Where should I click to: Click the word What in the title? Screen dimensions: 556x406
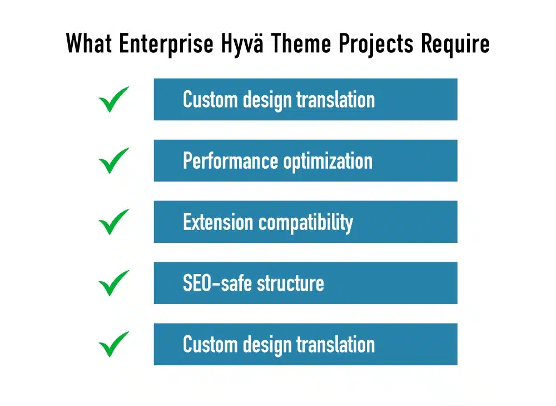[89, 43]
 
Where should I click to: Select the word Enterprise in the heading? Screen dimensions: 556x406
[166, 43]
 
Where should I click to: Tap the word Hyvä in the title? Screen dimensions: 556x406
[242, 43]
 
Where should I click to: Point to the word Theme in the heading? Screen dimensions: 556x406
[301, 43]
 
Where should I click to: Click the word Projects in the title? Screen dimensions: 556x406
[376, 43]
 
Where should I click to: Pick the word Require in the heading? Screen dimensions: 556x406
[455, 43]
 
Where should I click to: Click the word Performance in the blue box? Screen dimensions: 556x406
[231, 161]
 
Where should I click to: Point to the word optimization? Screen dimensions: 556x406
[328, 162]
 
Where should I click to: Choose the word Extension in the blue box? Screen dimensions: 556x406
[218, 222]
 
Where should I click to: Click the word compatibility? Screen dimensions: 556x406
[306, 223]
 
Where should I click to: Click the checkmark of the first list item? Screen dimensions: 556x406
[113, 100]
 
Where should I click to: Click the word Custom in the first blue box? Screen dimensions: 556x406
[211, 100]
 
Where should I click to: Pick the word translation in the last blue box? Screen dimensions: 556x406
[335, 345]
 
